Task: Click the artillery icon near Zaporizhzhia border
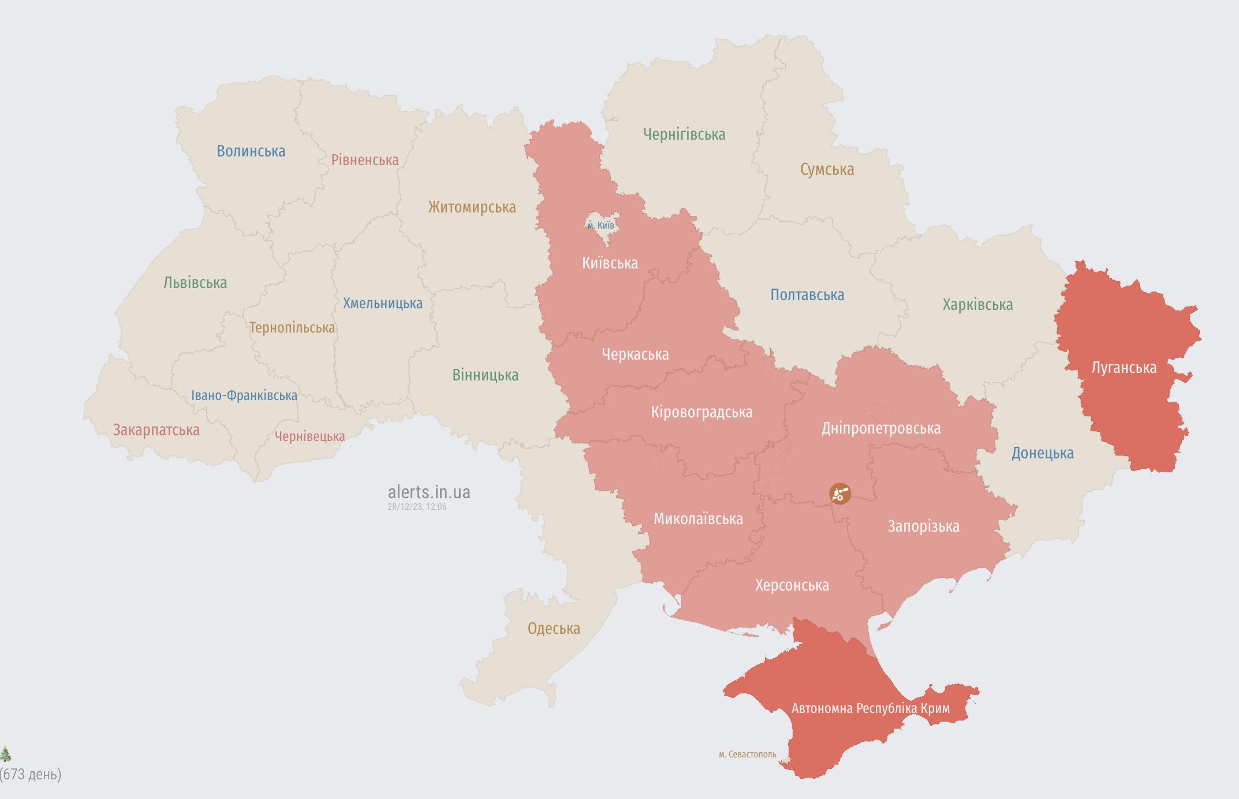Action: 840,494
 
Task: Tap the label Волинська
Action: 251,151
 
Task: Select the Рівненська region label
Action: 365,160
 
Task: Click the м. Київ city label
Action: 601,226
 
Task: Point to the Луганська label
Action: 1124,368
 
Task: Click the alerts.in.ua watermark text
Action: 429,492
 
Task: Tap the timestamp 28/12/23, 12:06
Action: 417,507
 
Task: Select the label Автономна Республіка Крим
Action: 870,708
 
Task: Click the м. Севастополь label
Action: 747,755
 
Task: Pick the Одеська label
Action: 554,629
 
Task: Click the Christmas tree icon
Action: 5,753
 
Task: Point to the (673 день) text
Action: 31,774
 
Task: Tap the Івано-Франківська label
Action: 244,395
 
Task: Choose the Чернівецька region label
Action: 309,436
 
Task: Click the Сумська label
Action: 827,170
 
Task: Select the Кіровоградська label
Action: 701,412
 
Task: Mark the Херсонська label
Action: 792,585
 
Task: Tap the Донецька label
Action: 1042,453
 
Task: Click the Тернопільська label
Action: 292,328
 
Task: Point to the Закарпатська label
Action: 156,430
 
